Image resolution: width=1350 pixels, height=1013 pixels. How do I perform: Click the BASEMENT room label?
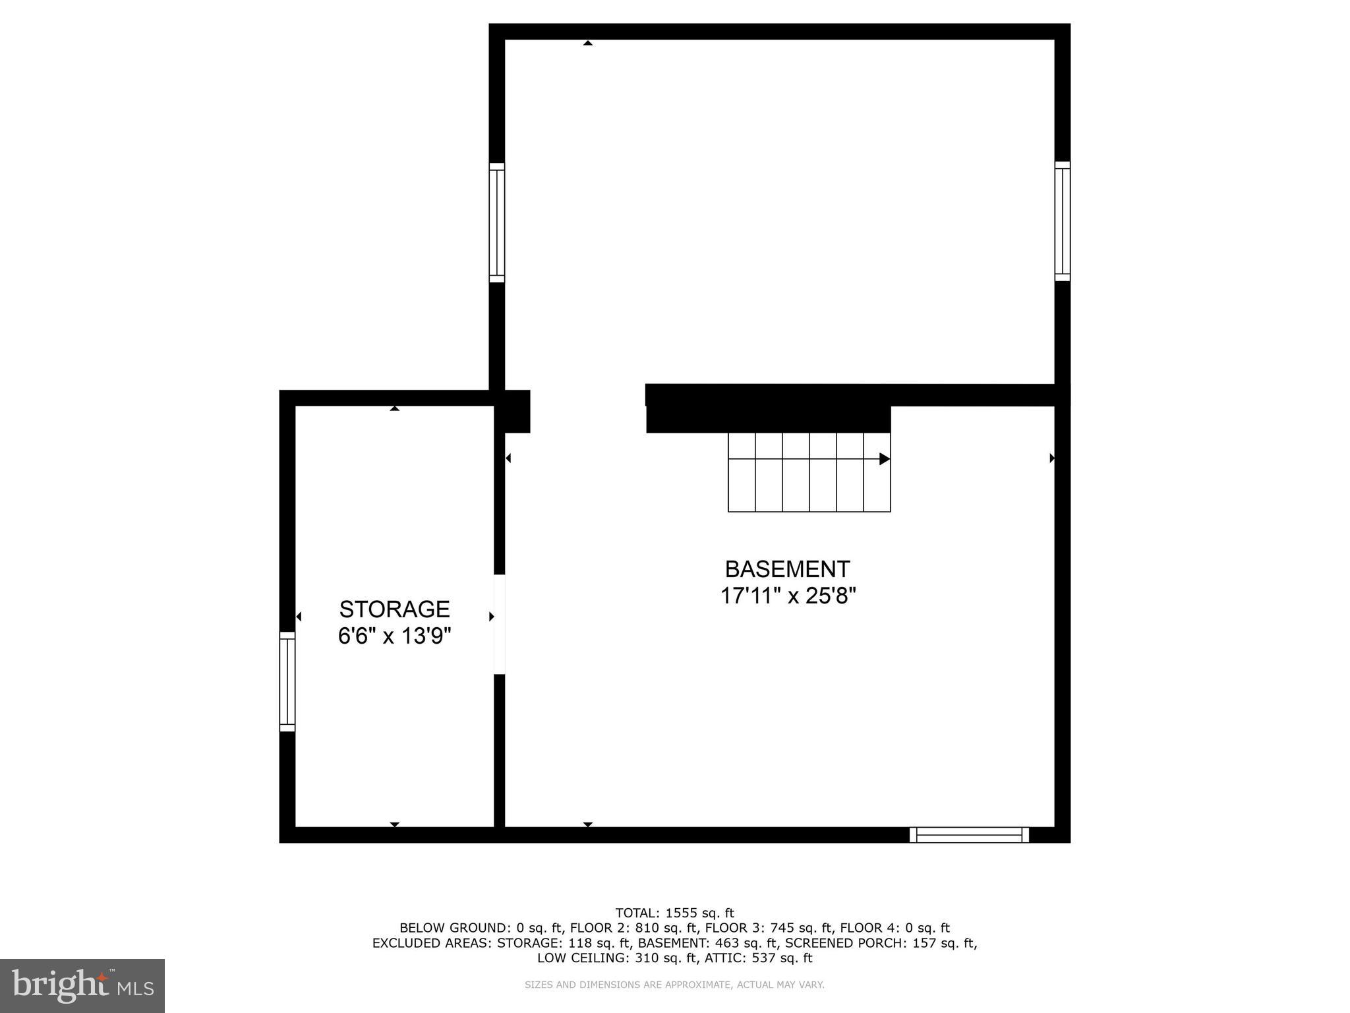pyautogui.click(x=787, y=568)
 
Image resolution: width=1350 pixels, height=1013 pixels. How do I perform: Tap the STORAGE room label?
pyautogui.click(x=394, y=609)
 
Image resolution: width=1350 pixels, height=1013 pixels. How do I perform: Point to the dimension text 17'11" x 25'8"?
pyautogui.click(x=787, y=596)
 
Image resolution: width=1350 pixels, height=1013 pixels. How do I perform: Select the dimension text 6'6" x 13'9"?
pyautogui.click(x=394, y=636)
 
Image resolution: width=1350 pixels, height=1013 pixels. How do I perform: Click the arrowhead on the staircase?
pyautogui.click(x=885, y=459)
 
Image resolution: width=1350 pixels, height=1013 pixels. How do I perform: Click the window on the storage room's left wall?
pyautogui.click(x=287, y=681)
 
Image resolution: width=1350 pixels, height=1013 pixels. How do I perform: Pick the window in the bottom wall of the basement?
pyautogui.click(x=969, y=835)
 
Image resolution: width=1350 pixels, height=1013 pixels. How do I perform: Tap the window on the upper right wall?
pyautogui.click(x=1062, y=221)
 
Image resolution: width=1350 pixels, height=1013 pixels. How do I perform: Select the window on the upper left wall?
pyautogui.click(x=496, y=223)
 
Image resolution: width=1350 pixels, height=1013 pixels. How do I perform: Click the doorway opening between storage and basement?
pyautogui.click(x=499, y=624)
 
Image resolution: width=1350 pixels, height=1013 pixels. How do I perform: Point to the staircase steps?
pyautogui.click(x=809, y=472)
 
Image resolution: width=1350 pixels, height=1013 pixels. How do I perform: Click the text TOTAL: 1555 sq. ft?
pyautogui.click(x=674, y=913)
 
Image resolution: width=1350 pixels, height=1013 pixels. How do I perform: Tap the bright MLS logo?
pyautogui.click(x=82, y=985)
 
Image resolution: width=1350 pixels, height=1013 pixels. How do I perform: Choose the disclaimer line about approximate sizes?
pyautogui.click(x=674, y=985)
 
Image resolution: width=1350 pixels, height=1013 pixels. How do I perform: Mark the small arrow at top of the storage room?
pyautogui.click(x=394, y=409)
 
